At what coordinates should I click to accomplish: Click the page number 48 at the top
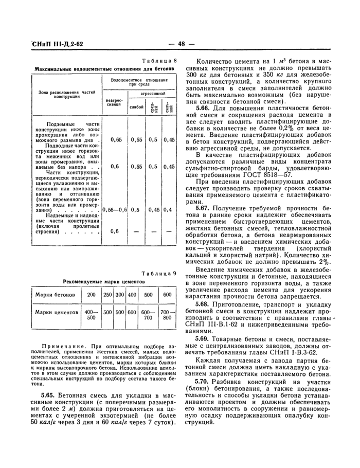184,44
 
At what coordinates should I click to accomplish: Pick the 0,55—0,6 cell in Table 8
115,210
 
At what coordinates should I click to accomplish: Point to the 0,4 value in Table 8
168,210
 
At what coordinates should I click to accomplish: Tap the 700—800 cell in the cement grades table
167,315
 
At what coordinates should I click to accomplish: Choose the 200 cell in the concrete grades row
92,295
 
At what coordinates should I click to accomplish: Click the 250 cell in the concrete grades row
107,295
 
